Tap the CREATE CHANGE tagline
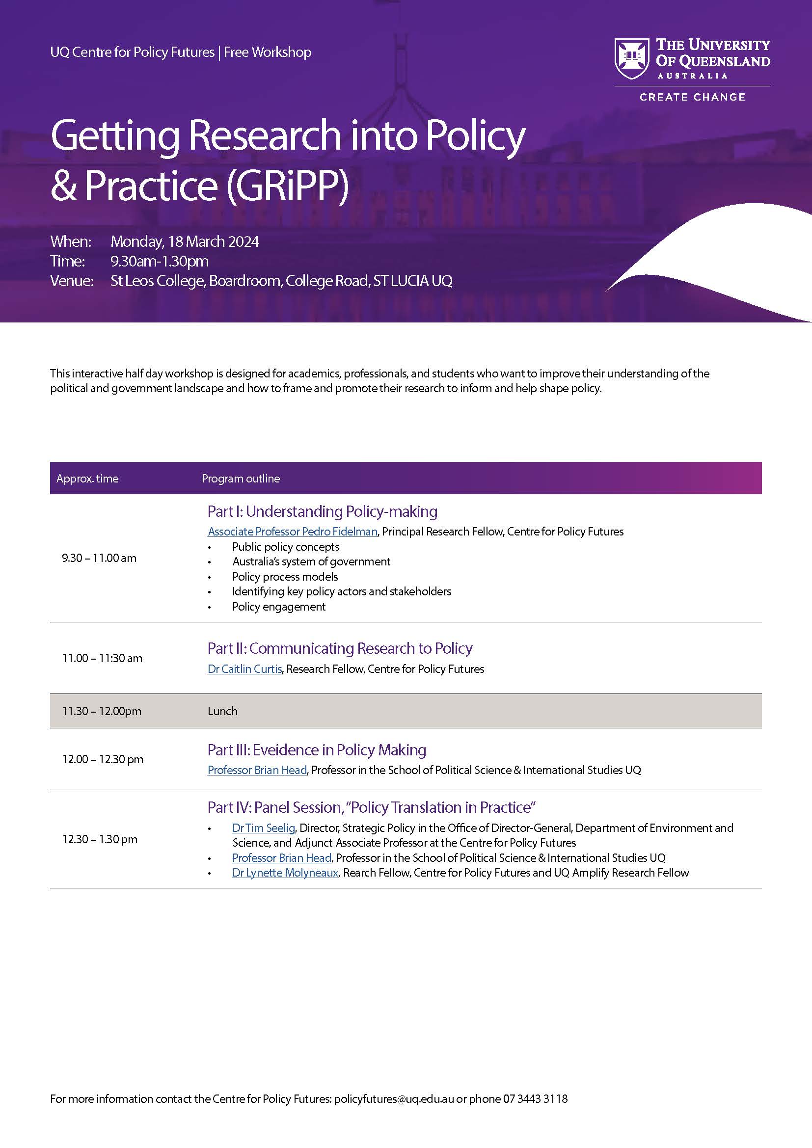tap(693, 97)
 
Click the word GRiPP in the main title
tap(287, 186)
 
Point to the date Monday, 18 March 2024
tap(185, 241)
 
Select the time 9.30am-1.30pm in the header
tap(160, 261)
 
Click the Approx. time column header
tap(87, 479)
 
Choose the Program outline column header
tap(241, 479)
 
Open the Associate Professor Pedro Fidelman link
tap(293, 532)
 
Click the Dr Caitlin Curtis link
tap(244, 669)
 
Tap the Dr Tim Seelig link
tap(264, 828)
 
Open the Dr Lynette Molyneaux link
tap(285, 873)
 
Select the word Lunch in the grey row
tap(222, 711)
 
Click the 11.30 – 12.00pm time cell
tap(102, 711)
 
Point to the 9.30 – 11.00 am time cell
tap(99, 558)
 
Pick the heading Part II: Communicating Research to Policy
tap(340, 648)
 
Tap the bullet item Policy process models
tap(285, 577)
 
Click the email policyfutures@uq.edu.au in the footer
tap(394, 1099)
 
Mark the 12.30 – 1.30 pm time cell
tap(100, 839)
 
